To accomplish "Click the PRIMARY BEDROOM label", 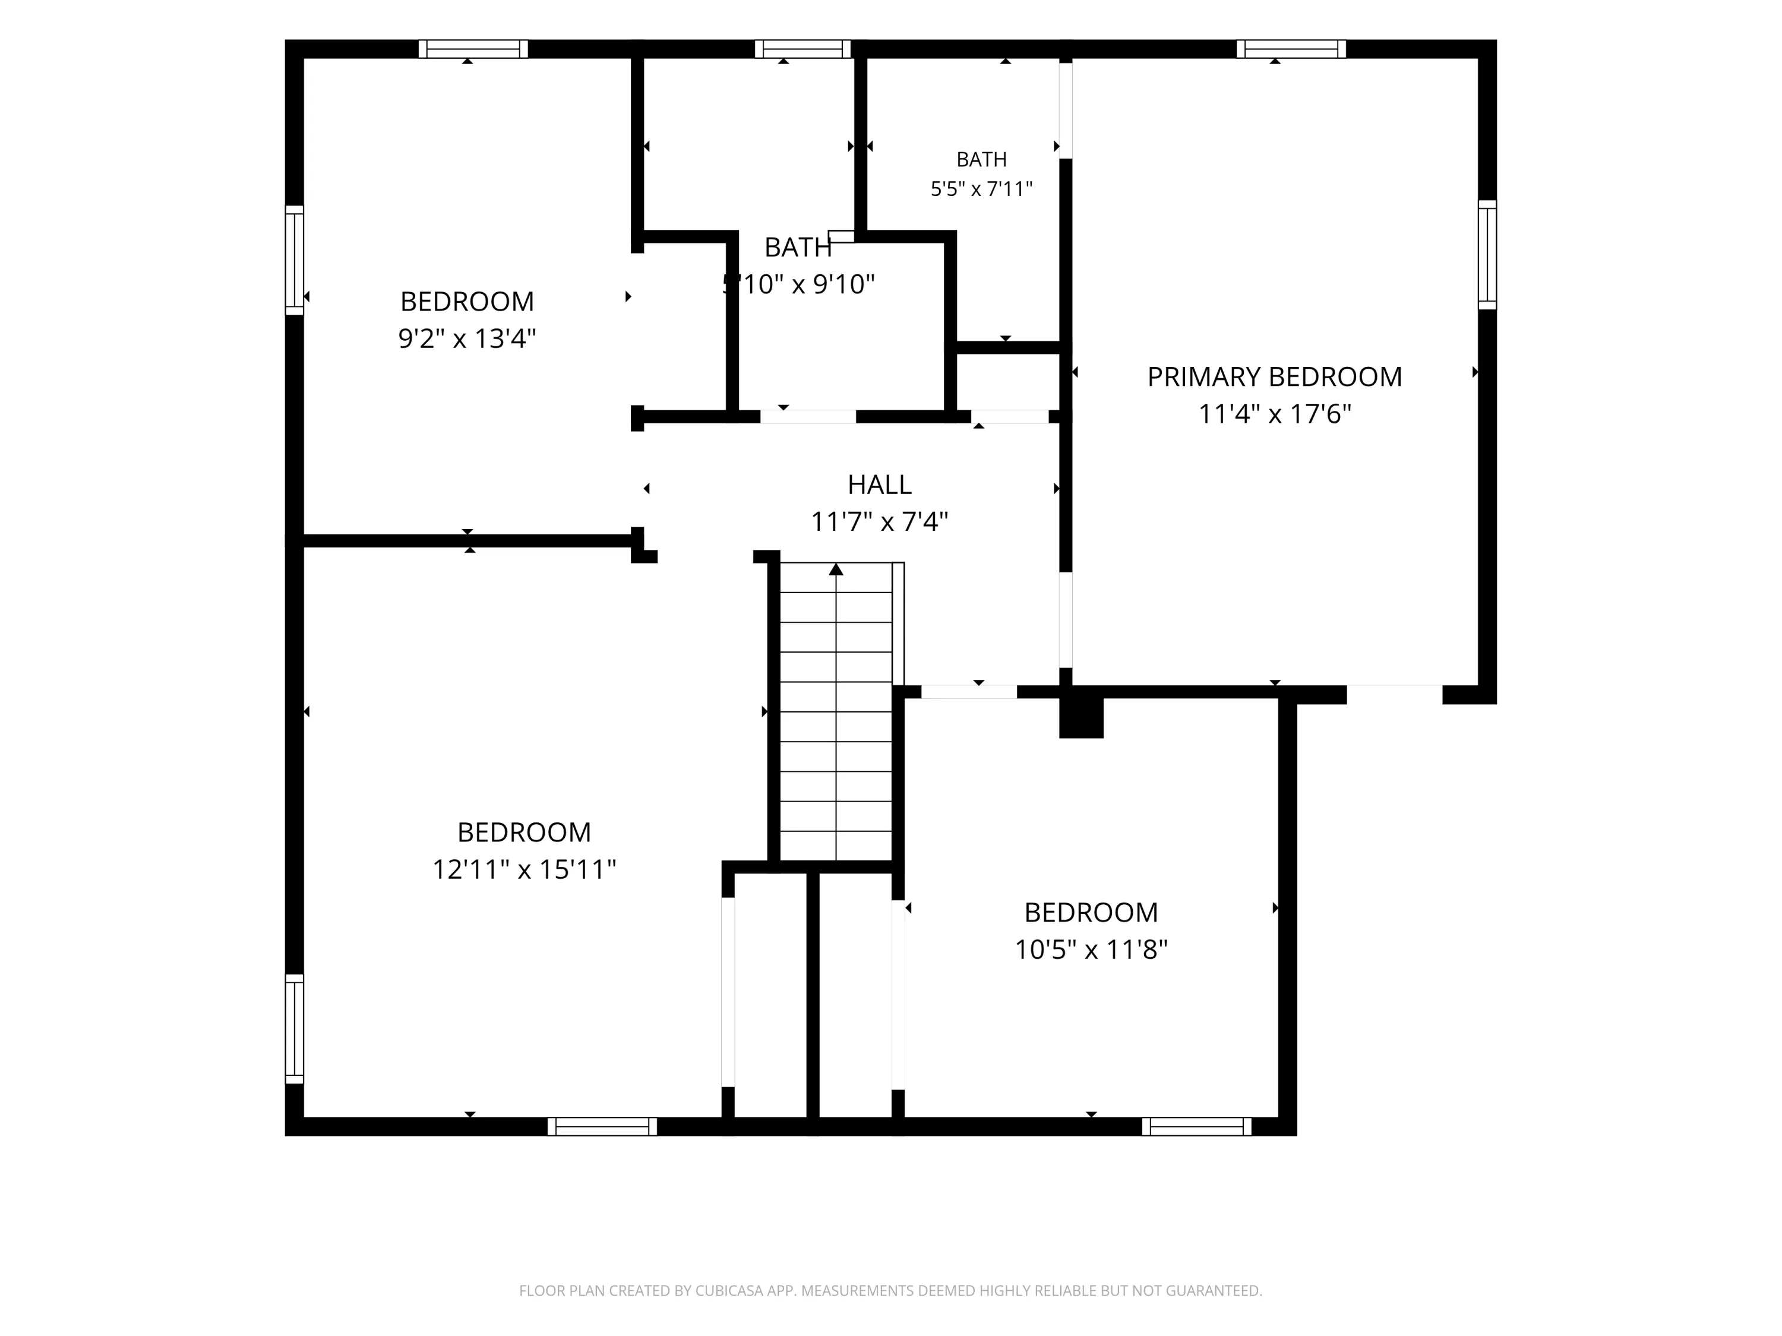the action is (x=1275, y=377).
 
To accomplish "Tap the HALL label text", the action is (x=880, y=485).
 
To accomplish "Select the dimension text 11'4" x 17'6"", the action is (x=1275, y=414).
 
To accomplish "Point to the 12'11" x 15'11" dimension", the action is (x=525, y=870).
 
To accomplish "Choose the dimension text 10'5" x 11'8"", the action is (x=1091, y=950).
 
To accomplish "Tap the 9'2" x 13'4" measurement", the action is (x=467, y=338).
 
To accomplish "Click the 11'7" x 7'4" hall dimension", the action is (x=880, y=522).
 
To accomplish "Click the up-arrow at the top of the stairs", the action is (x=836, y=569).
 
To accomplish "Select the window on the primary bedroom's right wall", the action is (x=1487, y=255).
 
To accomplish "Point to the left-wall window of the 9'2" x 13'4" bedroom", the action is (x=294, y=260).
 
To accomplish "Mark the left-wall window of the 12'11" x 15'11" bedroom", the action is (x=294, y=1029).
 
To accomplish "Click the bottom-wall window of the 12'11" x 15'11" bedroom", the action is (x=602, y=1126).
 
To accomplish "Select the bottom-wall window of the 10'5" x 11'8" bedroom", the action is (x=1196, y=1126).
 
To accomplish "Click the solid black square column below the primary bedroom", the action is (x=1081, y=717).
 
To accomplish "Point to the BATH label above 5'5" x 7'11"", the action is (x=981, y=160).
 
